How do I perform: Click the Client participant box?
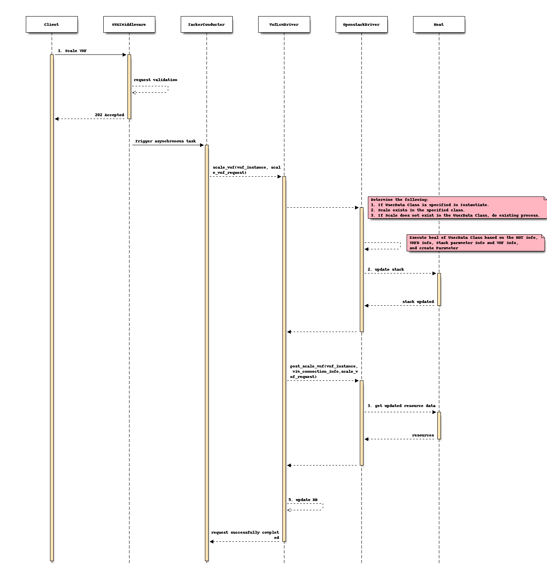pyautogui.click(x=52, y=24)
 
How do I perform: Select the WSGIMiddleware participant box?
pyautogui.click(x=129, y=24)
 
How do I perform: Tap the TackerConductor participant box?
pyautogui.click(x=207, y=24)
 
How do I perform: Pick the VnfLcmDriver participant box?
pyautogui.click(x=284, y=24)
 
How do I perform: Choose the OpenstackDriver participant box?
pyautogui.click(x=361, y=24)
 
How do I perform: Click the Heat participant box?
pyautogui.click(x=439, y=24)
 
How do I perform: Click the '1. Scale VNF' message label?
pyautogui.click(x=72, y=51)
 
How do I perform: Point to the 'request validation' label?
pyautogui.click(x=155, y=80)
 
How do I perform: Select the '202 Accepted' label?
pyautogui.click(x=109, y=115)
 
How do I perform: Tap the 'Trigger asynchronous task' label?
pyautogui.click(x=165, y=141)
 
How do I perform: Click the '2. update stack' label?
pyautogui.click(x=386, y=269)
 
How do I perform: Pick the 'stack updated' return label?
pyautogui.click(x=418, y=302)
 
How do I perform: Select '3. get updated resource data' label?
pyautogui.click(x=401, y=406)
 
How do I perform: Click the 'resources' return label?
pyautogui.click(x=423, y=435)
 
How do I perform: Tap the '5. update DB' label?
pyautogui.click(x=303, y=500)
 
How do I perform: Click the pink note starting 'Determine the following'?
pyautogui.click(x=457, y=207)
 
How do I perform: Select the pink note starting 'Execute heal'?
pyautogui.click(x=476, y=243)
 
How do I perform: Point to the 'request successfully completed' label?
pyautogui.click(x=245, y=535)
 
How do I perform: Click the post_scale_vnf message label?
pyautogui.click(x=324, y=372)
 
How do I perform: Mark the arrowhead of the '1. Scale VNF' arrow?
pyautogui.click(x=125, y=55)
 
